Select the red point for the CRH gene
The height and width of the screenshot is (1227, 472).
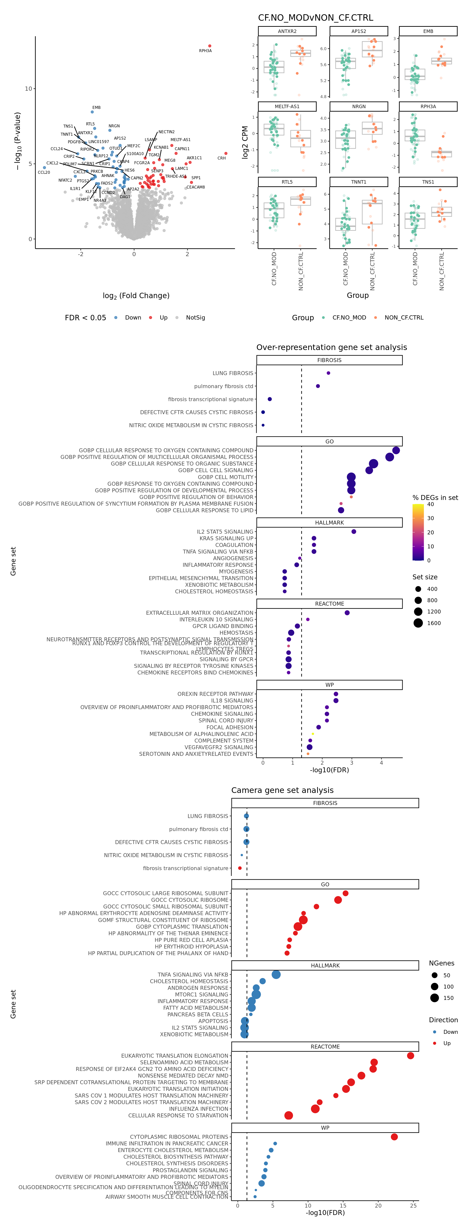click(x=226, y=153)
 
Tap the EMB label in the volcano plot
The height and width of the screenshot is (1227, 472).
click(x=96, y=108)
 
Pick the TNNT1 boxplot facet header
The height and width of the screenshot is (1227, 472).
click(x=359, y=182)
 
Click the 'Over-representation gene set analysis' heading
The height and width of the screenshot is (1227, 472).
click(x=331, y=347)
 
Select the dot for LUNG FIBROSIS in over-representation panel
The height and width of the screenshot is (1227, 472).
click(x=328, y=373)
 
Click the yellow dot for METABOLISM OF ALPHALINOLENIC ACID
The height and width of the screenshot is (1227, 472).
click(x=312, y=734)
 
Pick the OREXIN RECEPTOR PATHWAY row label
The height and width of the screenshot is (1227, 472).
click(x=215, y=694)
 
